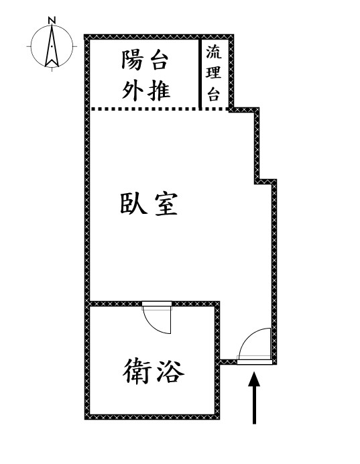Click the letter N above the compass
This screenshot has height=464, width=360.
[52, 20]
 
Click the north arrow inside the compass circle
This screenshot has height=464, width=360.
[52, 46]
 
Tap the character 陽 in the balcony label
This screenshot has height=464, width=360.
[133, 60]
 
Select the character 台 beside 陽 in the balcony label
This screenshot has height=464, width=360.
[160, 60]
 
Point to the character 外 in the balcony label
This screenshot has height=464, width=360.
[133, 90]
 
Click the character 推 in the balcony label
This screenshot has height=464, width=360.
[160, 90]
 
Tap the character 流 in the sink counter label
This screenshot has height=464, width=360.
[214, 52]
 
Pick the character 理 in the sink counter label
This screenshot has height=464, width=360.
[214, 72]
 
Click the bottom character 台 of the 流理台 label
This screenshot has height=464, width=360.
[214, 93]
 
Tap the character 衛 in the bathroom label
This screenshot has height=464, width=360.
[137, 371]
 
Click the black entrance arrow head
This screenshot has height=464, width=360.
[254, 380]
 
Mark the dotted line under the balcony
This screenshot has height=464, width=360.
[160, 109]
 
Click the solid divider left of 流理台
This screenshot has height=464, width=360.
[200, 74]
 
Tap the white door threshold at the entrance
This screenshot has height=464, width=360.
[255, 362]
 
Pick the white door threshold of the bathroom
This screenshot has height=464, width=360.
[157, 304]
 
